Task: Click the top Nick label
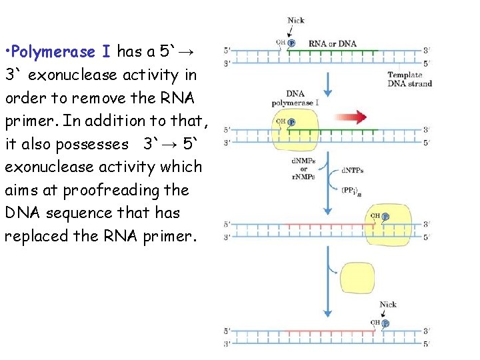(x=295, y=20)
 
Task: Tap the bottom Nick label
(x=388, y=305)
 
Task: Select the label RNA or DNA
(x=333, y=44)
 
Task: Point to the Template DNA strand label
(x=410, y=79)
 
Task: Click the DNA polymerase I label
(x=295, y=98)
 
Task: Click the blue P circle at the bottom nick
(x=385, y=323)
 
